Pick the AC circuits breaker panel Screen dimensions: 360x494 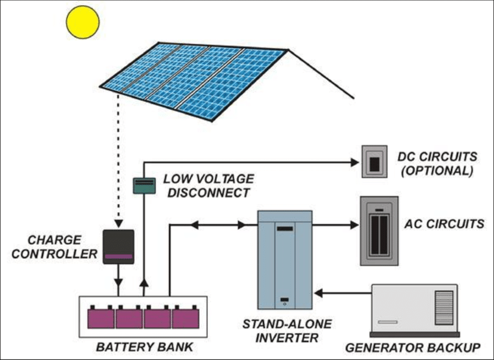coord(379,231)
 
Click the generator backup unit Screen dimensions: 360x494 coord(414,311)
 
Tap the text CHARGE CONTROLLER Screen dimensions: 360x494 coord(56,247)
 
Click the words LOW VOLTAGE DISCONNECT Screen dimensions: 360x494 coord(208,185)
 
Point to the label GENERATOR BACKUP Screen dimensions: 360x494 coord(413,348)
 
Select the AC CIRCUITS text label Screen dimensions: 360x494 coord(444,224)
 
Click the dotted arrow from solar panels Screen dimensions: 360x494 coord(119,163)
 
